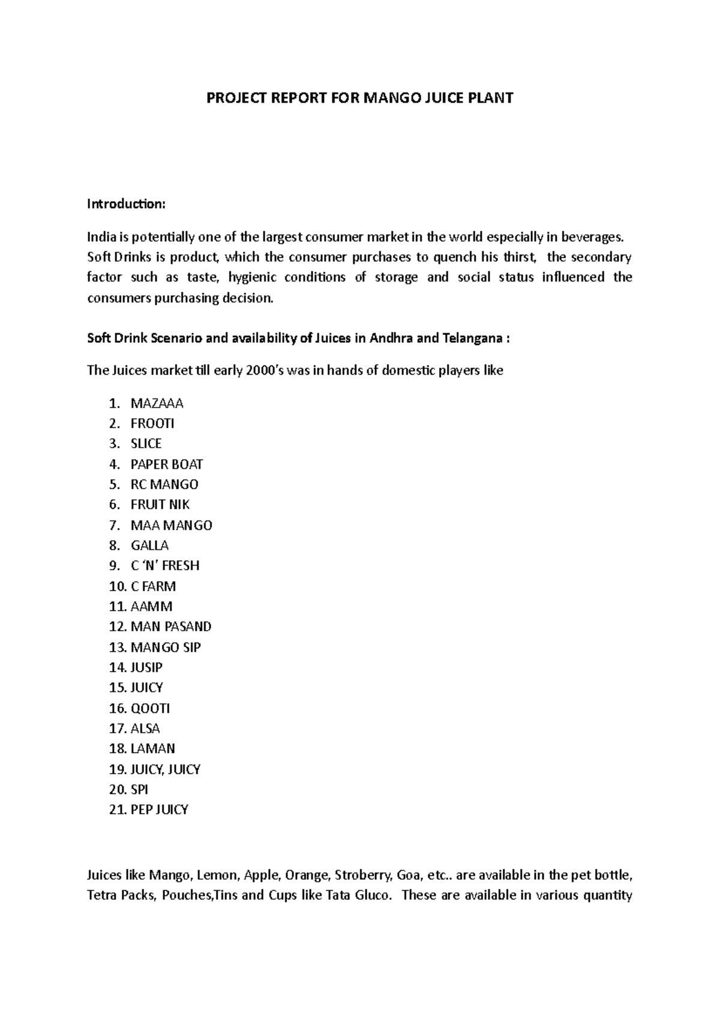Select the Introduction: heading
(x=125, y=204)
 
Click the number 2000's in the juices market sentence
(x=266, y=370)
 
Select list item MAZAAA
(x=157, y=403)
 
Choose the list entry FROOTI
(x=152, y=424)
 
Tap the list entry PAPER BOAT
(x=167, y=464)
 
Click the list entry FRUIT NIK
(x=160, y=505)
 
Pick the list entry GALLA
(x=149, y=546)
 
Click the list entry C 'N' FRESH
(x=165, y=566)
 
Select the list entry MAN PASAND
(x=171, y=627)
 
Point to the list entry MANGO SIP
(x=166, y=647)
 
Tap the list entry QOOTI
(x=150, y=708)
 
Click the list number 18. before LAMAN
(x=118, y=749)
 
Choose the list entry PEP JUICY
(x=159, y=810)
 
